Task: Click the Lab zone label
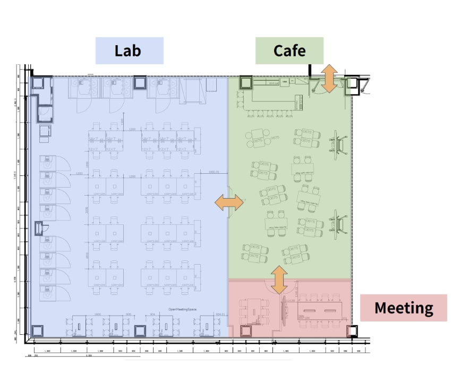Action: pyautogui.click(x=129, y=51)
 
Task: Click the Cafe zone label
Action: pyautogui.click(x=289, y=51)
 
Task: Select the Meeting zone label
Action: pyautogui.click(x=403, y=308)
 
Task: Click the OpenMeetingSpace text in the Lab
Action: pyautogui.click(x=184, y=309)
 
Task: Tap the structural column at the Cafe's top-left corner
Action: pyautogui.click(x=246, y=83)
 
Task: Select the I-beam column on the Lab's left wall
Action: pyautogui.click(x=39, y=229)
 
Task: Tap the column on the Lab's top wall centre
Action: pyautogui.click(x=140, y=82)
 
